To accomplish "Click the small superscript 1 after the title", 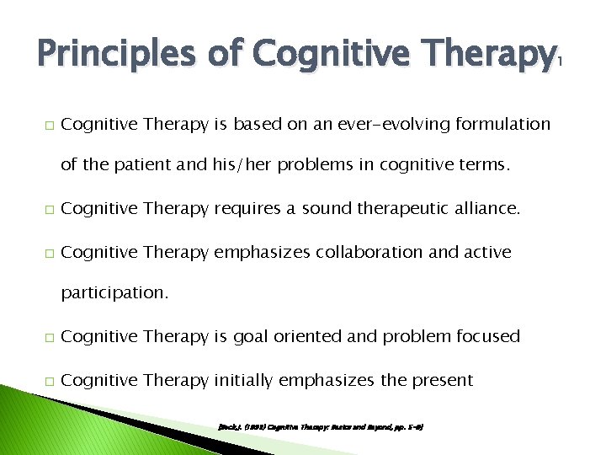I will pos(561,62).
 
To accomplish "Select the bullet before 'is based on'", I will pos(48,126).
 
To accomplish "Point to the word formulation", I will pos(502,125).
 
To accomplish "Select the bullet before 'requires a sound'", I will pos(48,208).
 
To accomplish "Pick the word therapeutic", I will pos(395,207).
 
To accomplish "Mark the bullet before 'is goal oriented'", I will pos(48,338).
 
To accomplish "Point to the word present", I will pos(442,381).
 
